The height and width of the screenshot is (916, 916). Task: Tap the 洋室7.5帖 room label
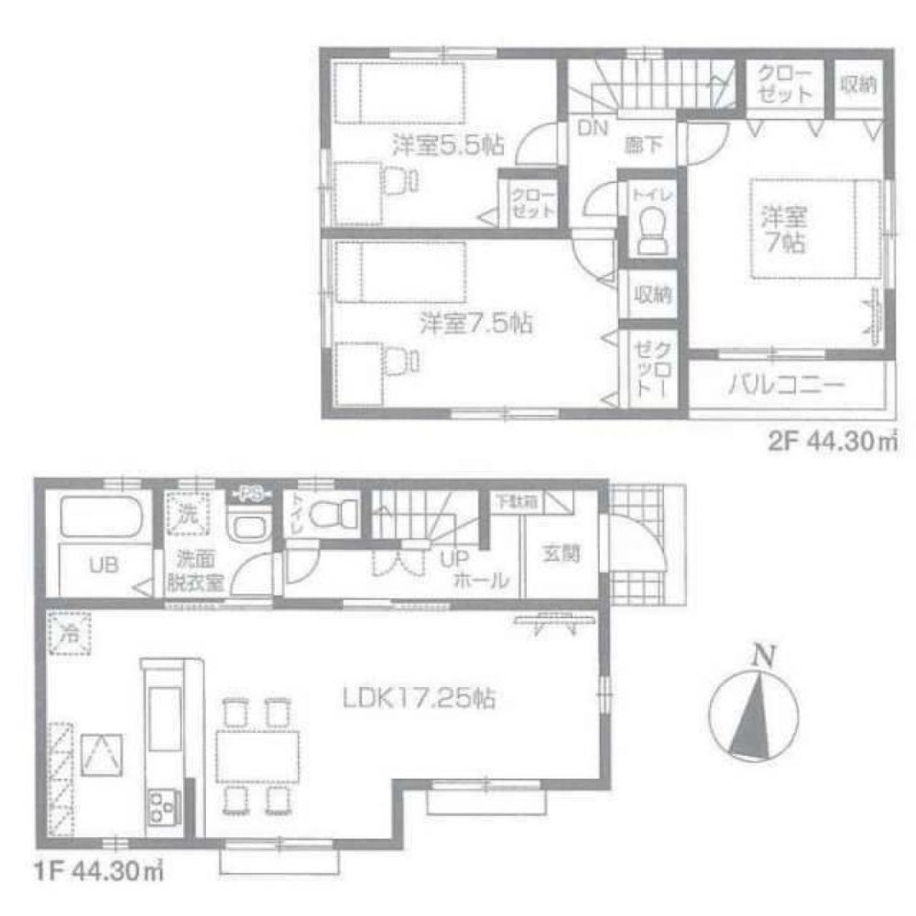pos(477,322)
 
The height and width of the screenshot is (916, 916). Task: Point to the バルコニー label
pos(787,385)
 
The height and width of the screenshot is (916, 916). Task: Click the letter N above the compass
pos(760,656)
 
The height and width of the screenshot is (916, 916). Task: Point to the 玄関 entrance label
pos(560,553)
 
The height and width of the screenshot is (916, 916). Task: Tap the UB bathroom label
pos(101,563)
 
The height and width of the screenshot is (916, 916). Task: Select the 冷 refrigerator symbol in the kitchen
pos(69,632)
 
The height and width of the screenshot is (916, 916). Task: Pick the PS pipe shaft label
pos(252,493)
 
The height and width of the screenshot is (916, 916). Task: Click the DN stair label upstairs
pos(592,129)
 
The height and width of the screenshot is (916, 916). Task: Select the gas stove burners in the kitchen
pos(163,806)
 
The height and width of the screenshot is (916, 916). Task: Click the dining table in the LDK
pos(257,752)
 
